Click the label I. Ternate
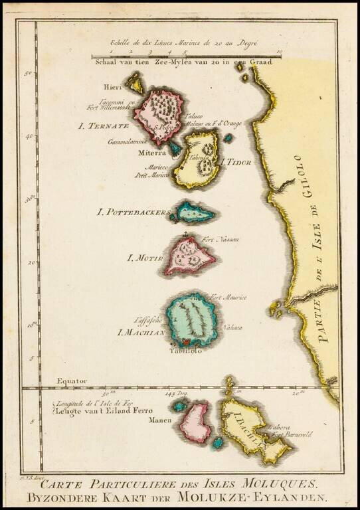coord(103,126)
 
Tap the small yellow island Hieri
coord(135,83)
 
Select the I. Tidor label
coord(237,162)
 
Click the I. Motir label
coord(144,256)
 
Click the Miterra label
coord(151,152)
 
